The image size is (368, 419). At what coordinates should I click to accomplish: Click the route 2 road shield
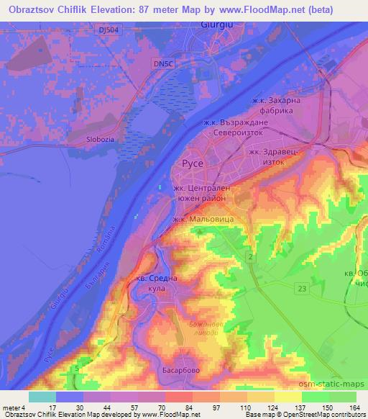(249, 256)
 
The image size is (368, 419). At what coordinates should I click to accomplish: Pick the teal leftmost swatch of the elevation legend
(42, 397)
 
